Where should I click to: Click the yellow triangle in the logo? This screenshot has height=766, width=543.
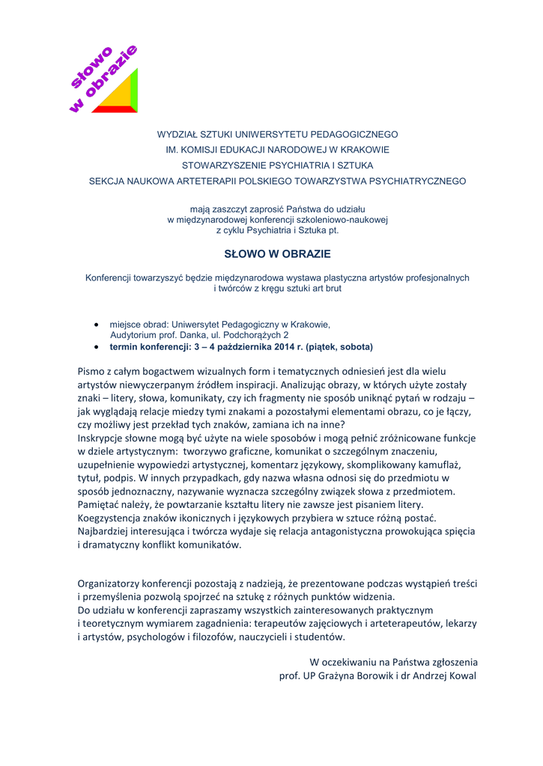click(120, 94)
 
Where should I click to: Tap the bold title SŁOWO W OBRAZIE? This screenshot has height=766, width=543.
click(278, 254)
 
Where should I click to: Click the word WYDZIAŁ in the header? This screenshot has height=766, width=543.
click(179, 135)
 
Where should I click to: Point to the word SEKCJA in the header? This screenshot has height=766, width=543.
click(107, 181)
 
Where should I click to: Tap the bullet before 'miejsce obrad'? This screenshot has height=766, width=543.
click(97, 325)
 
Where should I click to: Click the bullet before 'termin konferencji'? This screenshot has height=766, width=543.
click(97, 347)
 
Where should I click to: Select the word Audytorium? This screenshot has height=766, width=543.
click(134, 336)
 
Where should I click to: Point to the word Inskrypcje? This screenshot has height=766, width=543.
click(104, 439)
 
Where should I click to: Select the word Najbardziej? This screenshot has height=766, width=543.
click(107, 531)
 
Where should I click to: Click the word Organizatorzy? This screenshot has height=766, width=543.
click(114, 583)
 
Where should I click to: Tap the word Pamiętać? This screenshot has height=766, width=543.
click(101, 505)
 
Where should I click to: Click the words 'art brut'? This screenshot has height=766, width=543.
click(322, 288)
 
